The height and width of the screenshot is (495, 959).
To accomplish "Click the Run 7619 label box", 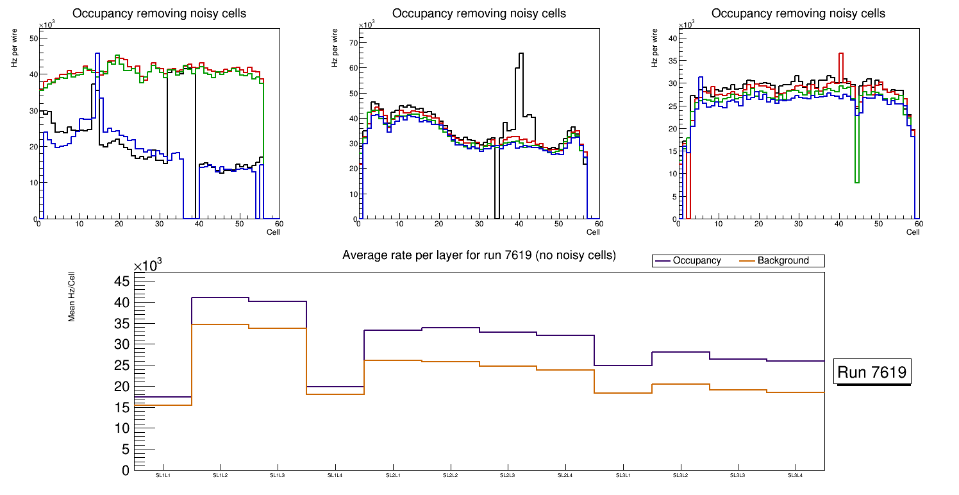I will [x=872, y=372].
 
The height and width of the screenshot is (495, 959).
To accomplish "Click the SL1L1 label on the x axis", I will [x=163, y=475].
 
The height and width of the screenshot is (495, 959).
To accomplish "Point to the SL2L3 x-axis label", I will [x=508, y=475].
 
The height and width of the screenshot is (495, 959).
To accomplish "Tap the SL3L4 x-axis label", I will [x=796, y=475].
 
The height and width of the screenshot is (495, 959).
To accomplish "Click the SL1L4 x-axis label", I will [x=335, y=475].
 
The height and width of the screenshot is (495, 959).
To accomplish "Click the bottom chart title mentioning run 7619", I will [x=479, y=255].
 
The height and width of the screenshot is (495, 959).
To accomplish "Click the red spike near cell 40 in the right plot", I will [x=840, y=54].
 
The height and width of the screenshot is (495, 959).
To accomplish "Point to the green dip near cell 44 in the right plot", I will [x=857, y=182].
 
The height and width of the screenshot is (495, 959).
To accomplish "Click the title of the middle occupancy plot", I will [x=479, y=13].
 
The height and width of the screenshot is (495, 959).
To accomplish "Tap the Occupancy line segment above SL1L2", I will [x=220, y=298].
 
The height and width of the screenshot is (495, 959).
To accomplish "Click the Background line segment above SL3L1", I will [x=623, y=392].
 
